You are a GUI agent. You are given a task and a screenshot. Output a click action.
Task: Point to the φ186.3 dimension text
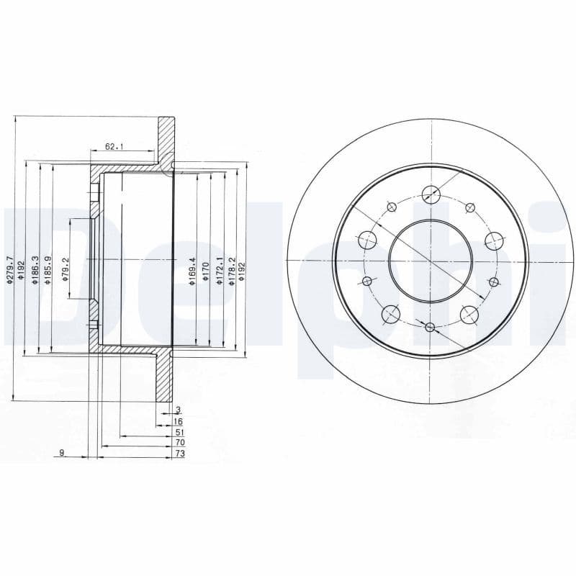(34, 271)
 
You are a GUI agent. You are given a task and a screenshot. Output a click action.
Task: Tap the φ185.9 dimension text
(47, 271)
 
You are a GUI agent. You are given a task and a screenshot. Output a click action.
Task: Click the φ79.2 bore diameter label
(66, 269)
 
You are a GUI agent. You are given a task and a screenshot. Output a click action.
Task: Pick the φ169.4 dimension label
(192, 271)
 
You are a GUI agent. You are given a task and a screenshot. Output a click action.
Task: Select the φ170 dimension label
(205, 271)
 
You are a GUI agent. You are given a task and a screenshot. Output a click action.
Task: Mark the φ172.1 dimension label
(219, 271)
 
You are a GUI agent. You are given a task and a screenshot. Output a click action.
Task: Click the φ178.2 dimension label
(231, 271)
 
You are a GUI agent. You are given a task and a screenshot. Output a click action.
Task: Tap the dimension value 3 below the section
(178, 410)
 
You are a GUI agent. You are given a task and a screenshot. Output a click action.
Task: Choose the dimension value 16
(179, 420)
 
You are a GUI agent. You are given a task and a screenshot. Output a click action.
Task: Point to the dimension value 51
(179, 432)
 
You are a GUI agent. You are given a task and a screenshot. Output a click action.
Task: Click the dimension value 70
(179, 443)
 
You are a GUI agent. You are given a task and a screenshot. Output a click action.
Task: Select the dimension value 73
(179, 454)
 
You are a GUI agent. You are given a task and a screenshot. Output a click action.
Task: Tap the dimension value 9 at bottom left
(62, 453)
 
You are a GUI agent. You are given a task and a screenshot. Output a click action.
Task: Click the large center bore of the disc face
(431, 260)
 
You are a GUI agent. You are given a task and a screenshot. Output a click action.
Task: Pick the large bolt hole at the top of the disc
(431, 193)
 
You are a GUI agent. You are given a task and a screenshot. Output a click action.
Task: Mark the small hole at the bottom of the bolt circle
(430, 328)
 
